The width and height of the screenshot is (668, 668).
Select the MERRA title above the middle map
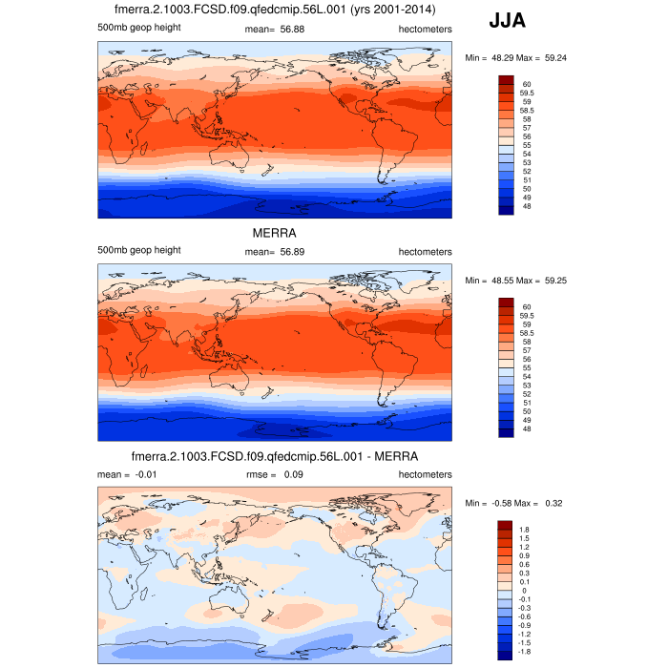pyautogui.click(x=274, y=232)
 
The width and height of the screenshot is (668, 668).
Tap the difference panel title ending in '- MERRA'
pyautogui.click(x=275, y=456)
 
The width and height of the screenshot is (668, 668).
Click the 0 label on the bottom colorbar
pyautogui.click(x=524, y=590)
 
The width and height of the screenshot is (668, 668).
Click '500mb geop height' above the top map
pyautogui.click(x=139, y=27)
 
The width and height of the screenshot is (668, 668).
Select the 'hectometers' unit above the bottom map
pyautogui.click(x=425, y=474)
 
